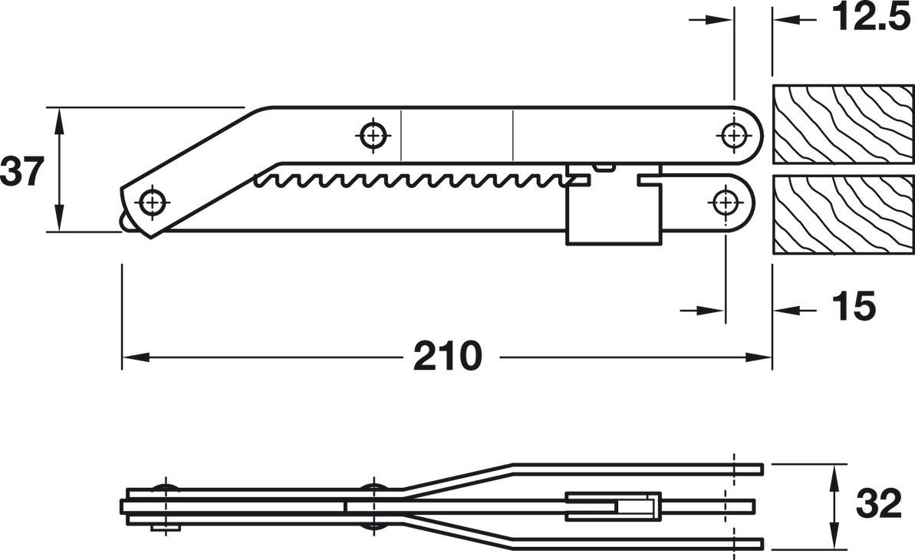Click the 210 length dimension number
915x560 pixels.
[x=448, y=356]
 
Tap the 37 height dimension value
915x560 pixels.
[x=22, y=172]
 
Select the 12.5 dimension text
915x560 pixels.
[x=871, y=17]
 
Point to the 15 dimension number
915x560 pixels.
[x=854, y=305]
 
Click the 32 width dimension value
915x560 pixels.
[x=879, y=503]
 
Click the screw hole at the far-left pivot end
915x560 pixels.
[x=153, y=203]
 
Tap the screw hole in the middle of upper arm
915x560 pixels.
[x=373, y=136]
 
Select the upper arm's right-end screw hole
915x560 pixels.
[x=733, y=136]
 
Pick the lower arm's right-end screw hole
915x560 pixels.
[x=725, y=203]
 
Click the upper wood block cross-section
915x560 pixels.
[x=844, y=124]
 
